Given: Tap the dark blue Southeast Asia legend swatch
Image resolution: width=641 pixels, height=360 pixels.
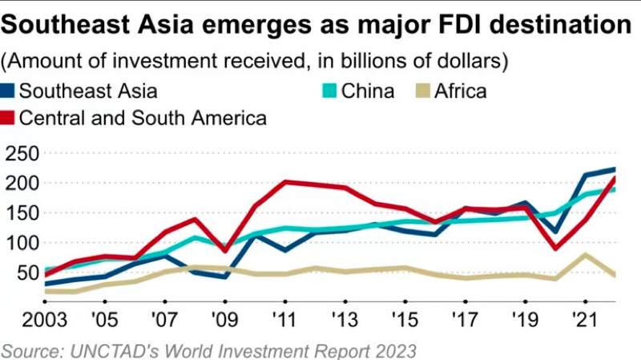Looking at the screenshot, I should (9, 91).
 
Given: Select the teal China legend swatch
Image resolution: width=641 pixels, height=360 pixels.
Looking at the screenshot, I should (329, 91).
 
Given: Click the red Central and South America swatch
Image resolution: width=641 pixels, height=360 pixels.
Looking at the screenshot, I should (9, 119).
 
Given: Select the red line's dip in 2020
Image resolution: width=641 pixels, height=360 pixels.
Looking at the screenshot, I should (554, 249).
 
